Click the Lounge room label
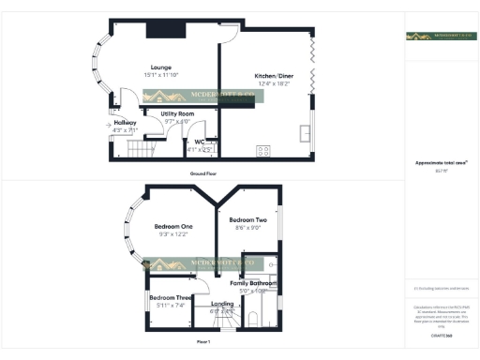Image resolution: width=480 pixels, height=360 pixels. point(161,67)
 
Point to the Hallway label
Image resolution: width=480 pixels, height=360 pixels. point(125,123)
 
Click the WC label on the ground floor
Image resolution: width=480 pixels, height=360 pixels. point(200,142)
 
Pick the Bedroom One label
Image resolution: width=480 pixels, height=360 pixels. point(173,227)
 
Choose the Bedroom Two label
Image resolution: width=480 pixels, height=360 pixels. point(248,219)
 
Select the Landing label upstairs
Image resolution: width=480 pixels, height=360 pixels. point(222,303)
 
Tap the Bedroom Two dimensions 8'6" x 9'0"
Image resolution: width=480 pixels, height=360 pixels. point(248,228)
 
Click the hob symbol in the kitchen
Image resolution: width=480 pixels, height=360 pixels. point(263,150)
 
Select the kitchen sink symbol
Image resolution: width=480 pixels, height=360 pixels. point(304,131)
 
